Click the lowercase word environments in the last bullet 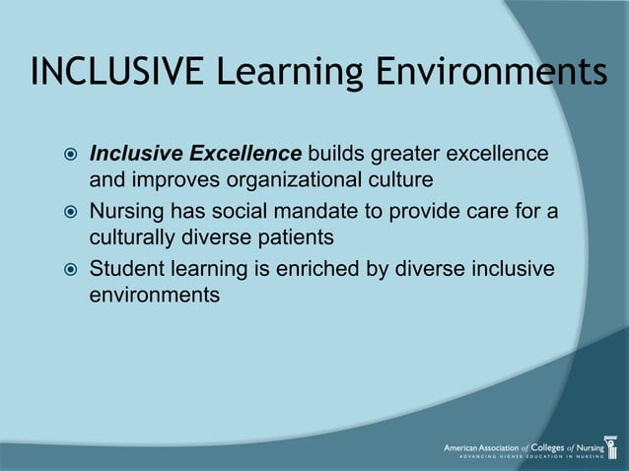click(x=155, y=294)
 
